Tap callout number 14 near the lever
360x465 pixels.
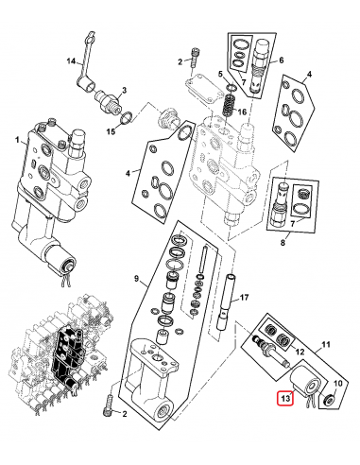(69, 62)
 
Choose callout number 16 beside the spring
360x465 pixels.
(242, 112)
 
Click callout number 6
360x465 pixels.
(280, 60)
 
